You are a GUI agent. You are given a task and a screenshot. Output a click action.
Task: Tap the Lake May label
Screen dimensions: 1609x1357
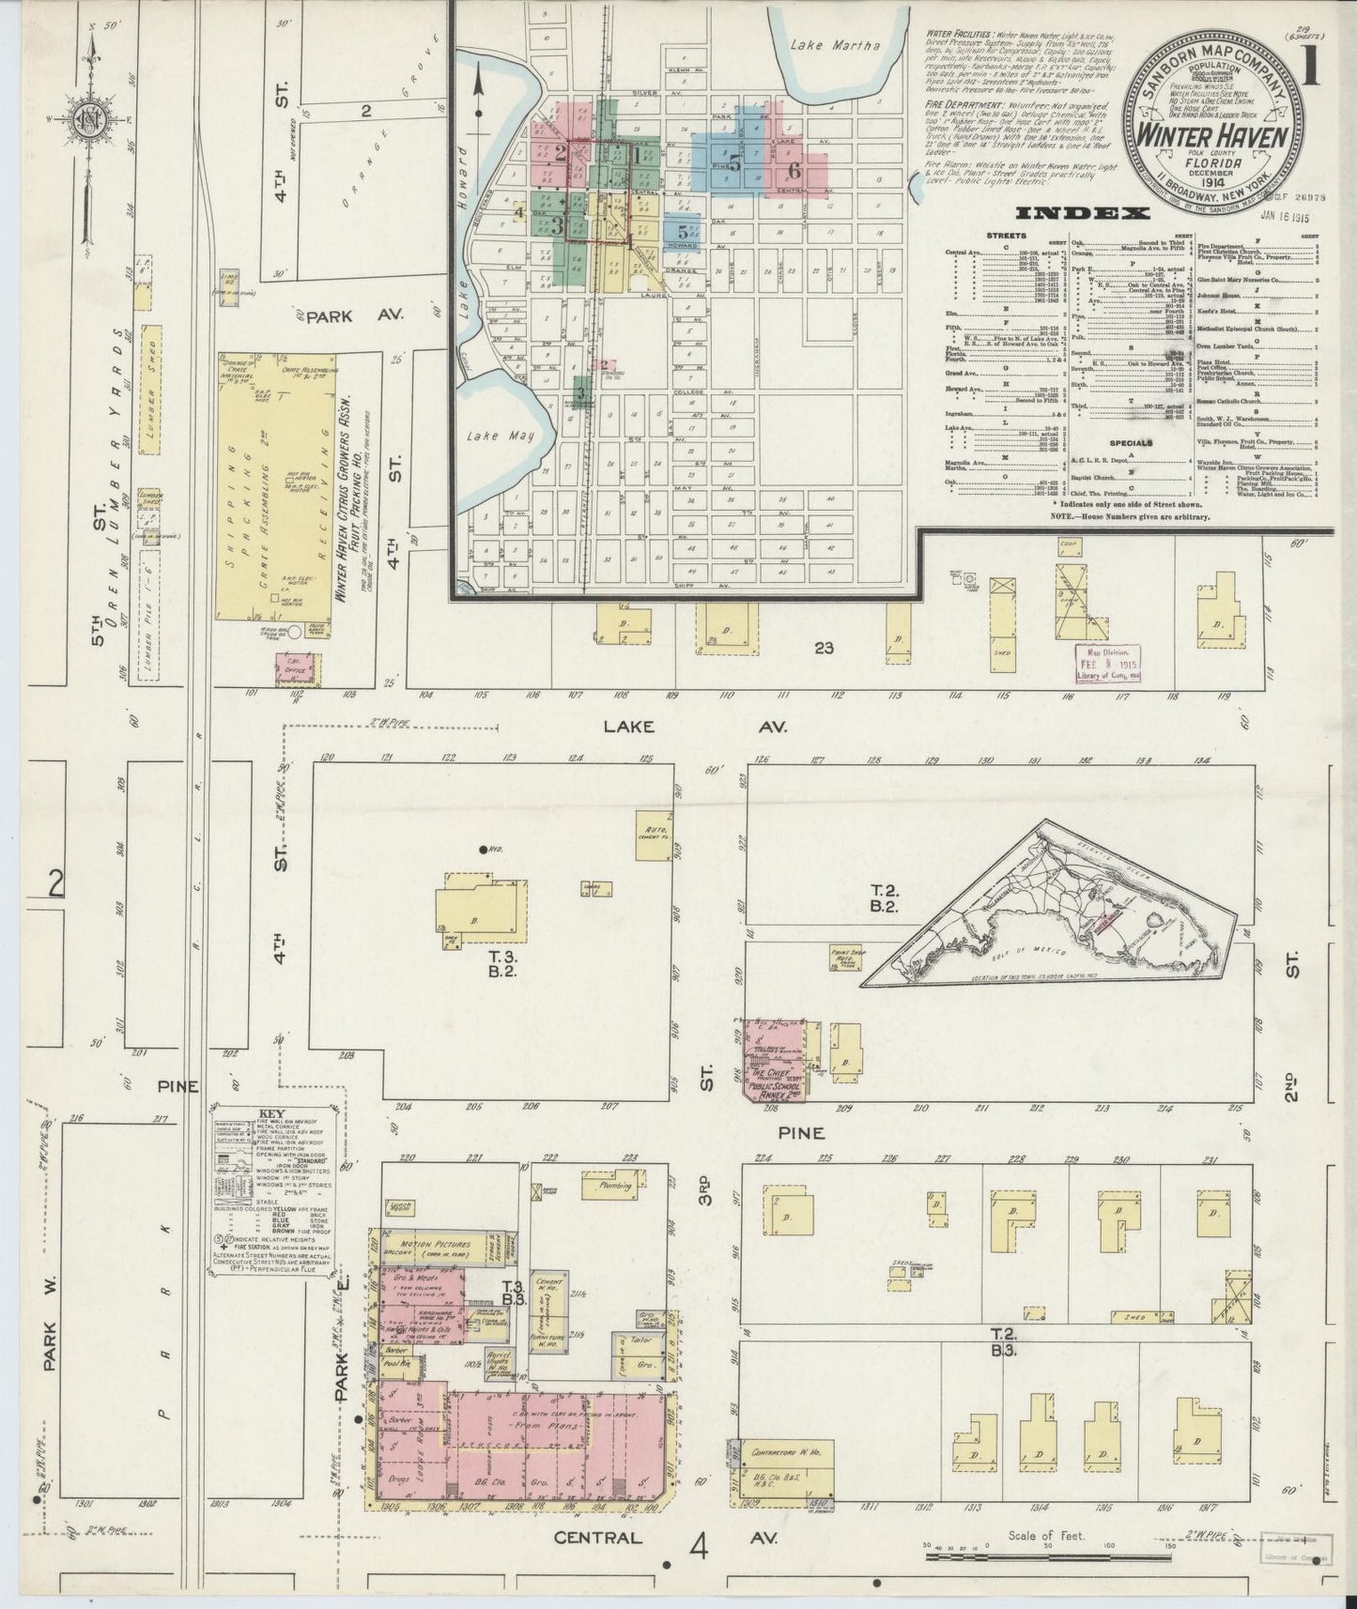click(x=492, y=436)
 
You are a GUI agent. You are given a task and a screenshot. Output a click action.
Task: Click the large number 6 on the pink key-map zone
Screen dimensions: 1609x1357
click(x=794, y=170)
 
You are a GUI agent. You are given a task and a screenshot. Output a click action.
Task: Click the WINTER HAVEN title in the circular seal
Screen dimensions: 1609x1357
click(x=1211, y=134)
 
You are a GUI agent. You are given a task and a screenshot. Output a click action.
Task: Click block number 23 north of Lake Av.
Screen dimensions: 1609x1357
click(x=824, y=648)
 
